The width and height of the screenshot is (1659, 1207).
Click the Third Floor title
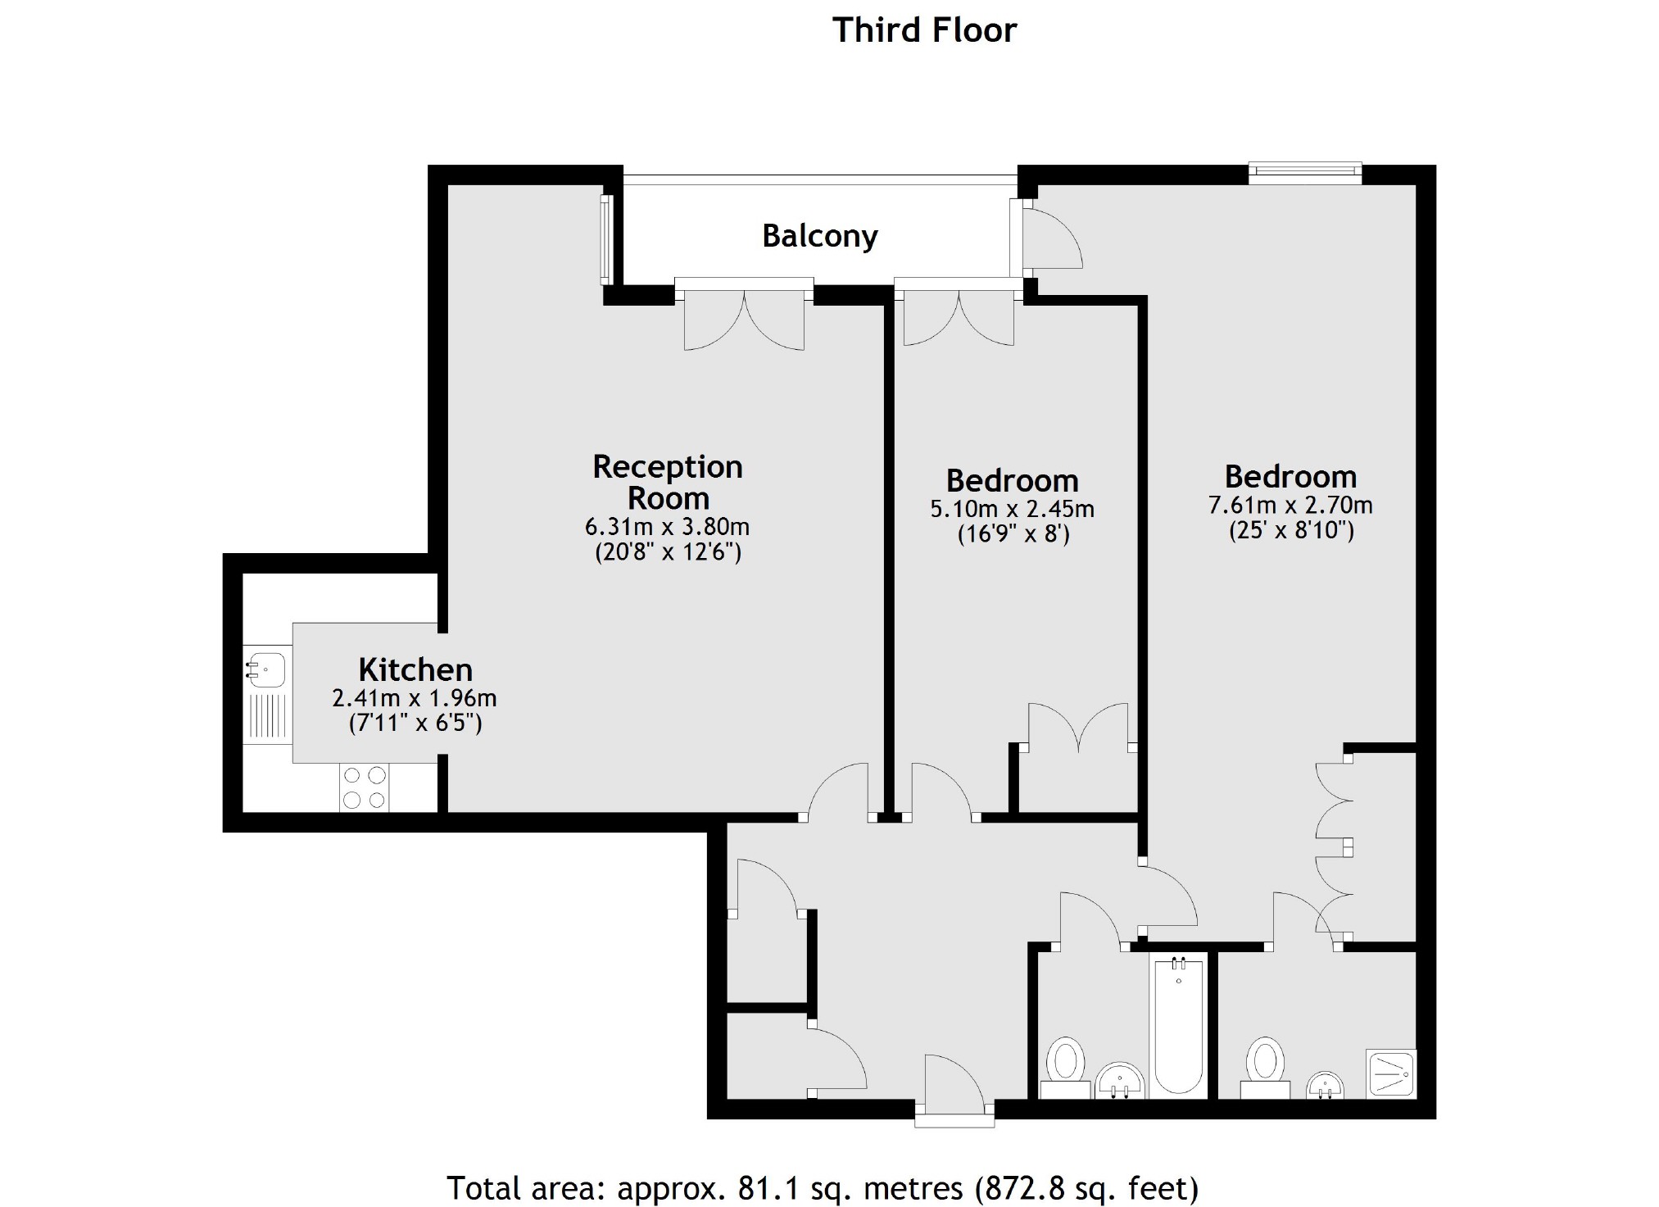coord(924,30)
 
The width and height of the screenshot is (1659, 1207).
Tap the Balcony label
coord(819,236)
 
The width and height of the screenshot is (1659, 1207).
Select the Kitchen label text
coord(415,670)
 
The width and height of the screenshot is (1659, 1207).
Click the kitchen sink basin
coord(268,669)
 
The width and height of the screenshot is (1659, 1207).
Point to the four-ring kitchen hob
coord(365,787)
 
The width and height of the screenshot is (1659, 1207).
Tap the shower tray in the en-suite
coord(1391,1073)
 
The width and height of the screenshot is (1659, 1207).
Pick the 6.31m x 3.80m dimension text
coord(667,526)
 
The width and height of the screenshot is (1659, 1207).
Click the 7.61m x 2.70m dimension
coord(1290,505)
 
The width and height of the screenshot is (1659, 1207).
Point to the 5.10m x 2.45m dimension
coord(1012,509)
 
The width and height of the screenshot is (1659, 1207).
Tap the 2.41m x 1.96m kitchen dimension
coord(414,698)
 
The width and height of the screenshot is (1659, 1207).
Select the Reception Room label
coord(668,482)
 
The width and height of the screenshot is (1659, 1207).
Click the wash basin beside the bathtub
coord(1119,1080)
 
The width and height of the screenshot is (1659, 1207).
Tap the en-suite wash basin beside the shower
coord(1324,1085)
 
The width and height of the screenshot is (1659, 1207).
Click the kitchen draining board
coord(268,715)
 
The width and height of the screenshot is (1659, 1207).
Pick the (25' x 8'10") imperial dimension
coord(1291,530)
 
